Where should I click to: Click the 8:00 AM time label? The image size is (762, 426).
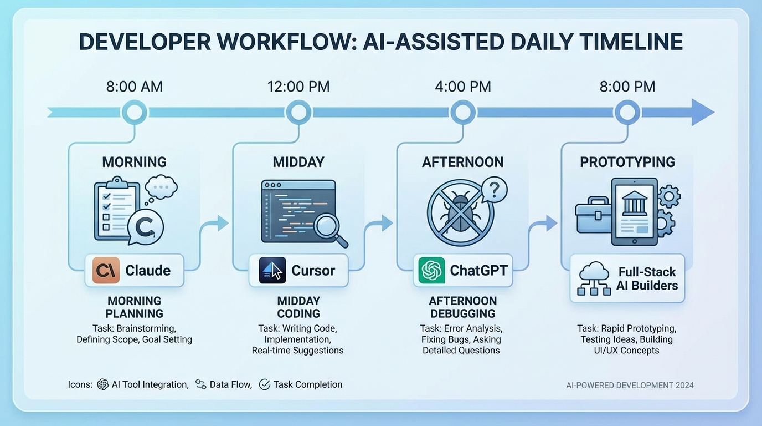tap(134, 87)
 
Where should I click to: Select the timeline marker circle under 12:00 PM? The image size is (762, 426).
tap(298, 113)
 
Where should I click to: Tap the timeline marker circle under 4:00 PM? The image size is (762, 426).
tap(462, 113)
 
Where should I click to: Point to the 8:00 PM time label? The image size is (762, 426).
tap(627, 87)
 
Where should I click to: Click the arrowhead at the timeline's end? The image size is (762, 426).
tap(702, 113)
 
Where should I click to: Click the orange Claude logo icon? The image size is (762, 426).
tap(106, 271)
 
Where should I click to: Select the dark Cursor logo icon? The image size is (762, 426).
tap(272, 271)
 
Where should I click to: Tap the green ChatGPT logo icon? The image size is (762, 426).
tap(432, 271)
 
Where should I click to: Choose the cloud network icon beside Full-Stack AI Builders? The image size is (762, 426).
tap(594, 278)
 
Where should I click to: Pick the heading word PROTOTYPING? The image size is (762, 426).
tap(627, 162)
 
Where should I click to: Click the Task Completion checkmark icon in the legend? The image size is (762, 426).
tap(264, 384)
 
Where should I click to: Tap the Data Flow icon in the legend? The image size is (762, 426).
tap(200, 384)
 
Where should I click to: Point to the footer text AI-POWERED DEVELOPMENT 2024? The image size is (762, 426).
tap(630, 385)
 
